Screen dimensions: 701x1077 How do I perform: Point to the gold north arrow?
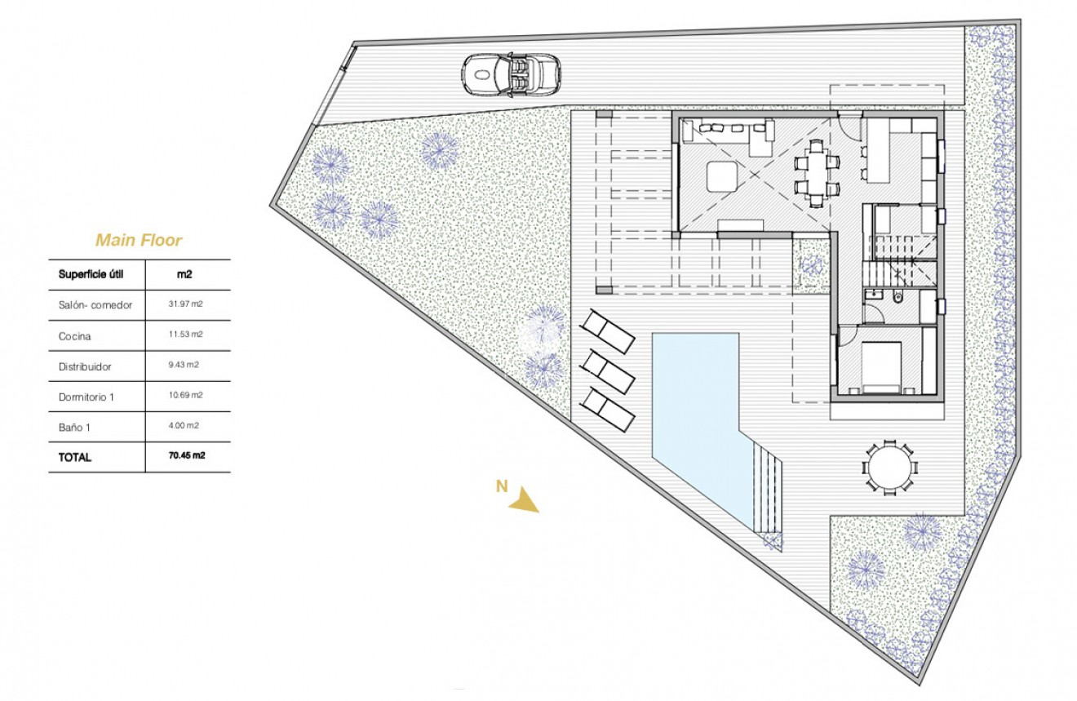[522, 500]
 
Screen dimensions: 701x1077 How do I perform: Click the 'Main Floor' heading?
[139, 240]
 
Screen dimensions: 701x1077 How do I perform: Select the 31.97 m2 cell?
[186, 304]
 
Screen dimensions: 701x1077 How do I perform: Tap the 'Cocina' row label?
[75, 335]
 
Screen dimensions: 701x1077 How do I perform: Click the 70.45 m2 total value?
[186, 456]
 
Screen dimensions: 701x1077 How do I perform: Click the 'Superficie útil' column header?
[90, 274]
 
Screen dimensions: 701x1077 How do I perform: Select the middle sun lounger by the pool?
[608, 372]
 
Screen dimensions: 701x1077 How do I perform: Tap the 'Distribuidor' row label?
[85, 366]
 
